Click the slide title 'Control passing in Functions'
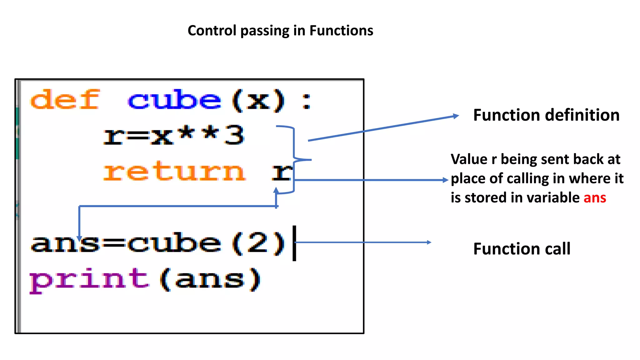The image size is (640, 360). [x=280, y=31]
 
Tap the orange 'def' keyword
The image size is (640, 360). [x=65, y=100]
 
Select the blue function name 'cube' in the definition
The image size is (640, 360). [x=174, y=100]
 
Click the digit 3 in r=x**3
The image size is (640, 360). [x=235, y=135]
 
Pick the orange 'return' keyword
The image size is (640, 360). [x=174, y=172]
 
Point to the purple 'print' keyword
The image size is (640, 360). [x=89, y=280]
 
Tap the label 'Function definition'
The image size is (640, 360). [x=546, y=115]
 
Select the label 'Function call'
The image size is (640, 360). [x=522, y=249]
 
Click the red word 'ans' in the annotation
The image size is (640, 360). [x=595, y=198]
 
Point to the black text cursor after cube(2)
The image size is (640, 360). [x=294, y=243]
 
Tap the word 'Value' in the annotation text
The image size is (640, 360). [x=469, y=159]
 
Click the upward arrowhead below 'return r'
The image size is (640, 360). [x=276, y=190]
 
